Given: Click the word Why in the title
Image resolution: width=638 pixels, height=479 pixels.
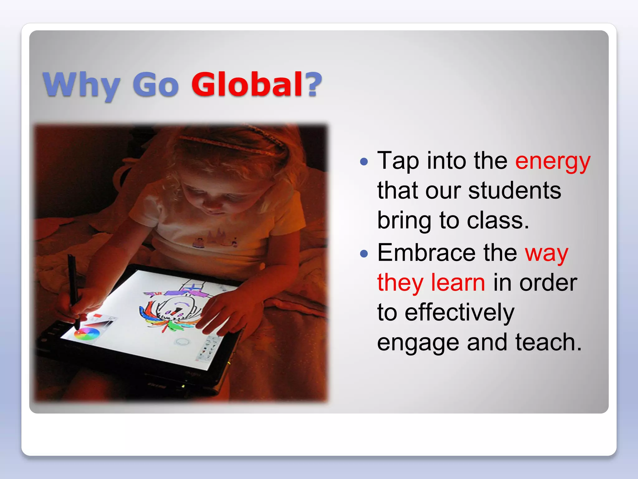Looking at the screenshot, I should (x=81, y=85).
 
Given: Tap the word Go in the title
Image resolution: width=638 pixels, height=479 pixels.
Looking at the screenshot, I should (x=155, y=85).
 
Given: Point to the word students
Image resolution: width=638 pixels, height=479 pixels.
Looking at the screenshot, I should (x=515, y=191).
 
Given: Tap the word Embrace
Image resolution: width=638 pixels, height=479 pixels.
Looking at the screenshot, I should (x=426, y=253).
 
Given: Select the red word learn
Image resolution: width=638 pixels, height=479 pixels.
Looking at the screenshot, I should (x=458, y=283).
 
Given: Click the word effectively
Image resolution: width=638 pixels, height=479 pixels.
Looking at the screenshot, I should (x=459, y=312).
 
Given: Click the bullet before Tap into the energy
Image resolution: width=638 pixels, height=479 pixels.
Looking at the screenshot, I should (x=364, y=162).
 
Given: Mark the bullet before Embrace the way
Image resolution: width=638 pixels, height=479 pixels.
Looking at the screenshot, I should (x=364, y=253).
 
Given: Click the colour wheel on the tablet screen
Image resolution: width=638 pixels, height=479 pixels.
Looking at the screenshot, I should (x=87, y=333).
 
